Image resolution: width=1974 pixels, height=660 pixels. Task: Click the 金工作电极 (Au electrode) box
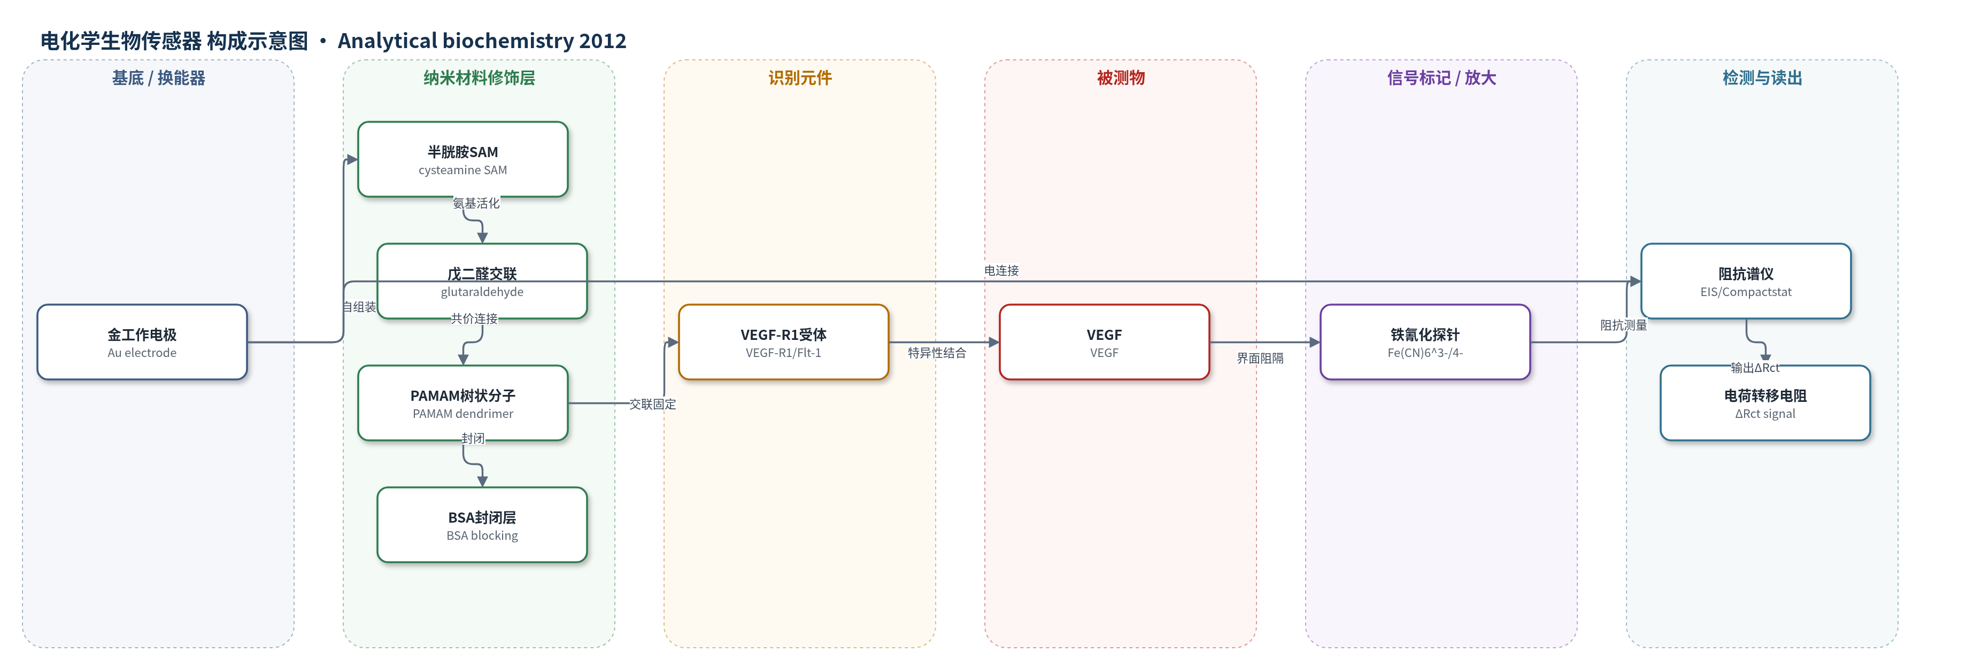pyautogui.click(x=142, y=342)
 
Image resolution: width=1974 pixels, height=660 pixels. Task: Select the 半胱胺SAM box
pyautogui.click(x=463, y=159)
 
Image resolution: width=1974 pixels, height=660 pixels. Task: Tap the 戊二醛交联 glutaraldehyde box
pyautogui.click(x=482, y=281)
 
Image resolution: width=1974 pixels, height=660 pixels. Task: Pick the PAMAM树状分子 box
pyautogui.click(x=463, y=403)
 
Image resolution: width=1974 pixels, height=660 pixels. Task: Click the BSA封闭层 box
pyautogui.click(x=482, y=524)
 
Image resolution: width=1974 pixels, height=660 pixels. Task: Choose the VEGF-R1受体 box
pyautogui.click(x=783, y=342)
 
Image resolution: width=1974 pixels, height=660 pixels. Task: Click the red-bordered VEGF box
pyautogui.click(x=1104, y=342)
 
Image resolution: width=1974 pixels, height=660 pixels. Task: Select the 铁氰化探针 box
pyautogui.click(x=1425, y=342)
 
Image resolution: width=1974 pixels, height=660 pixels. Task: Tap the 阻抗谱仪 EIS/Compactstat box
pyautogui.click(x=1746, y=281)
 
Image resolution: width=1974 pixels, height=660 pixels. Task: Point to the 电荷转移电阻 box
pyautogui.click(x=1765, y=403)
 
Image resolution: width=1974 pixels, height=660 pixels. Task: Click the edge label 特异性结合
pyautogui.click(x=937, y=353)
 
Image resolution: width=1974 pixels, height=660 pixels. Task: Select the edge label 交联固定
pyautogui.click(x=653, y=404)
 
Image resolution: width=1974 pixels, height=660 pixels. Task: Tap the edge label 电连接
pyautogui.click(x=1001, y=270)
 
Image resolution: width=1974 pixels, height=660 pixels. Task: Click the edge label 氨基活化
pyautogui.click(x=476, y=203)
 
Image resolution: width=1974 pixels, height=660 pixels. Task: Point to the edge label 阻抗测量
pyautogui.click(x=1623, y=325)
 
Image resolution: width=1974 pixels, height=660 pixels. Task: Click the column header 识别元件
pyautogui.click(x=800, y=78)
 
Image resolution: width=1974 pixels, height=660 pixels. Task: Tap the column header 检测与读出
pyautogui.click(x=1762, y=78)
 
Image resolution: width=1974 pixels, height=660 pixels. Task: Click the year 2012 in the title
pyautogui.click(x=603, y=41)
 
